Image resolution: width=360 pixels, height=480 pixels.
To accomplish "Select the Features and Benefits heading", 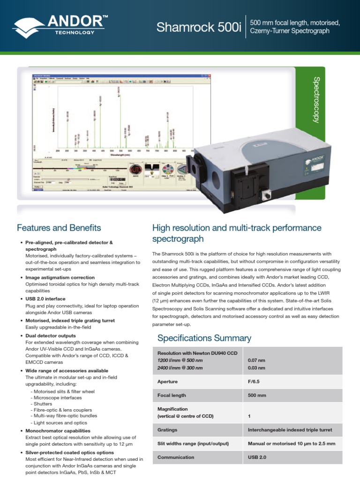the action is pyautogui.click(x=59, y=228).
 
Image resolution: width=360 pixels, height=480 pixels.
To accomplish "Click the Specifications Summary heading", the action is pyautogui.click(x=204, y=338).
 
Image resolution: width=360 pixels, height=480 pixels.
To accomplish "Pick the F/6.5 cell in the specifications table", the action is pyautogui.click(x=254, y=382).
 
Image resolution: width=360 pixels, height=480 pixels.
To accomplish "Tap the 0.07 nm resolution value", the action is pyautogui.click(x=256, y=360).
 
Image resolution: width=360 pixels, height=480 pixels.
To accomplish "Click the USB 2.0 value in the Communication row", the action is pyautogui.click(x=257, y=457).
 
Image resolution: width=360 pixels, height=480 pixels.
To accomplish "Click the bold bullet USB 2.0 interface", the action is pyautogui.click(x=45, y=299).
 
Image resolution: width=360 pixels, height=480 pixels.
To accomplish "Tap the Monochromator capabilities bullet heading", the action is pyautogui.click(x=58, y=430).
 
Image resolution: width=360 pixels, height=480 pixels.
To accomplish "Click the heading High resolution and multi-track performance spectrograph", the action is pyautogui.click(x=237, y=233).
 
